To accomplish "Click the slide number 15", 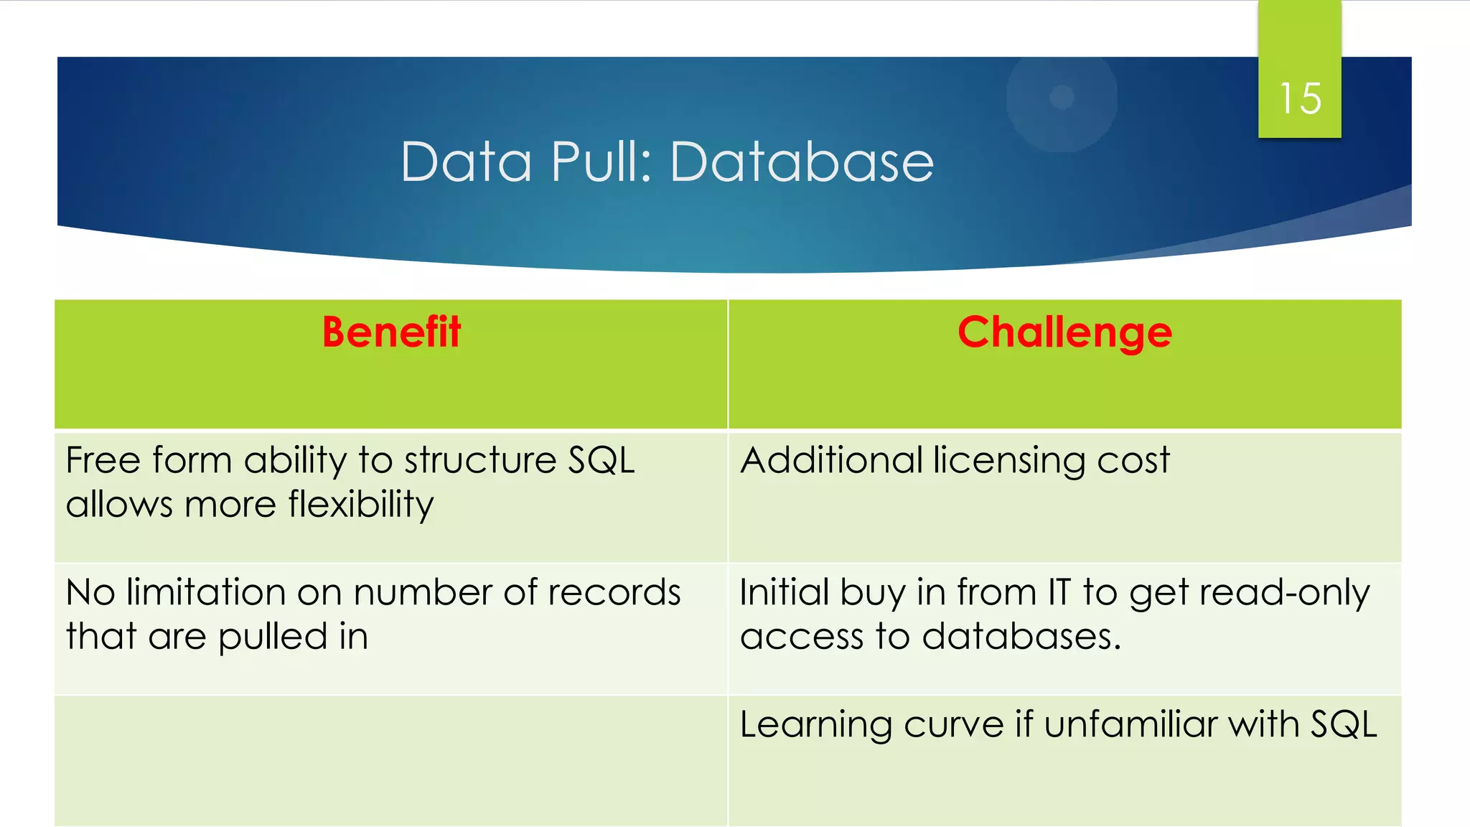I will point(1300,98).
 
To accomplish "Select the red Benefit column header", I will point(391,332).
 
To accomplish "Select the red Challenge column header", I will point(1064,332).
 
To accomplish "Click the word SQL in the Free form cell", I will point(601,460).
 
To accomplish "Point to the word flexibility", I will point(361,505).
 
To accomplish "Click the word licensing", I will point(1009,461).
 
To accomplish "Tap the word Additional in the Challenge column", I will point(831,460).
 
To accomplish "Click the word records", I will point(614,593).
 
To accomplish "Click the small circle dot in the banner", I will point(1062,97).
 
